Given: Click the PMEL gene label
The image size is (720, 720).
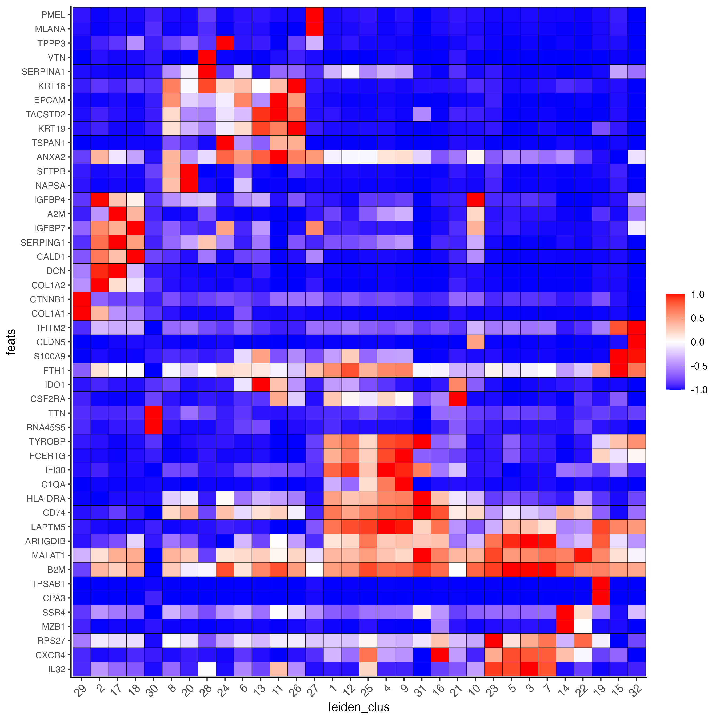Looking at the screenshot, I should [x=53, y=15].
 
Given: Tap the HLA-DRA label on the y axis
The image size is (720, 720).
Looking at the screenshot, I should [x=46, y=499].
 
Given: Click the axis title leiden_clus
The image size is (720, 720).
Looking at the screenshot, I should [x=359, y=707].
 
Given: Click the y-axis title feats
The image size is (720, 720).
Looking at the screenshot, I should [x=11, y=342].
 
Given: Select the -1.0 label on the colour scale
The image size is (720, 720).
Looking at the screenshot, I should [x=699, y=390].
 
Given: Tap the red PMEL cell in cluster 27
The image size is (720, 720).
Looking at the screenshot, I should [x=314, y=15].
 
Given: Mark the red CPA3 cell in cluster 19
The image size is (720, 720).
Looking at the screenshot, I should [x=600, y=598].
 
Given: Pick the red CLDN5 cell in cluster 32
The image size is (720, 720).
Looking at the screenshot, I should [x=636, y=342].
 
